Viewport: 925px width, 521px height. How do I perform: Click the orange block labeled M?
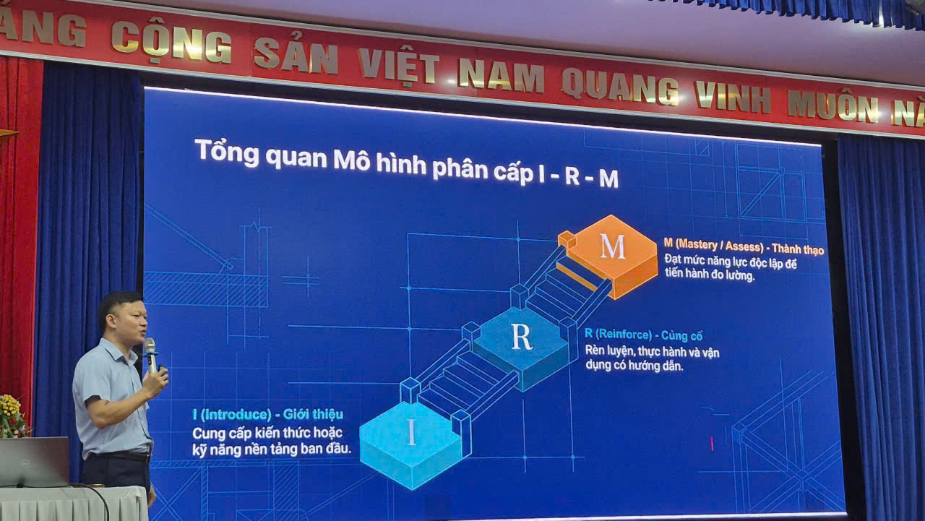pyautogui.click(x=611, y=256)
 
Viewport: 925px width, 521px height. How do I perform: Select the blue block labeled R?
pyautogui.click(x=521, y=347)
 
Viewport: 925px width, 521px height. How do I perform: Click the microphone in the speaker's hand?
pyautogui.click(x=151, y=356)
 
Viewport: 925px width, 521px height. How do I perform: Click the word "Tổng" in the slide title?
pyautogui.click(x=227, y=152)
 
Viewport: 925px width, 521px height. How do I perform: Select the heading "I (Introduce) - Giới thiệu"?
pyautogui.click(x=268, y=415)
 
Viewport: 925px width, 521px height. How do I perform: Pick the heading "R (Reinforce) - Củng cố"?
pyautogui.click(x=644, y=335)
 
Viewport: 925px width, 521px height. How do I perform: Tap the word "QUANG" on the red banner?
pyautogui.click(x=620, y=87)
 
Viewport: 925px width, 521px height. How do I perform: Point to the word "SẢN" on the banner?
pyautogui.click(x=296, y=56)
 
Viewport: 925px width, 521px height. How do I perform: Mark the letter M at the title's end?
pyautogui.click(x=608, y=179)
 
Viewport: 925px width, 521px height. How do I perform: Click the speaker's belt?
pyautogui.click(x=121, y=457)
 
